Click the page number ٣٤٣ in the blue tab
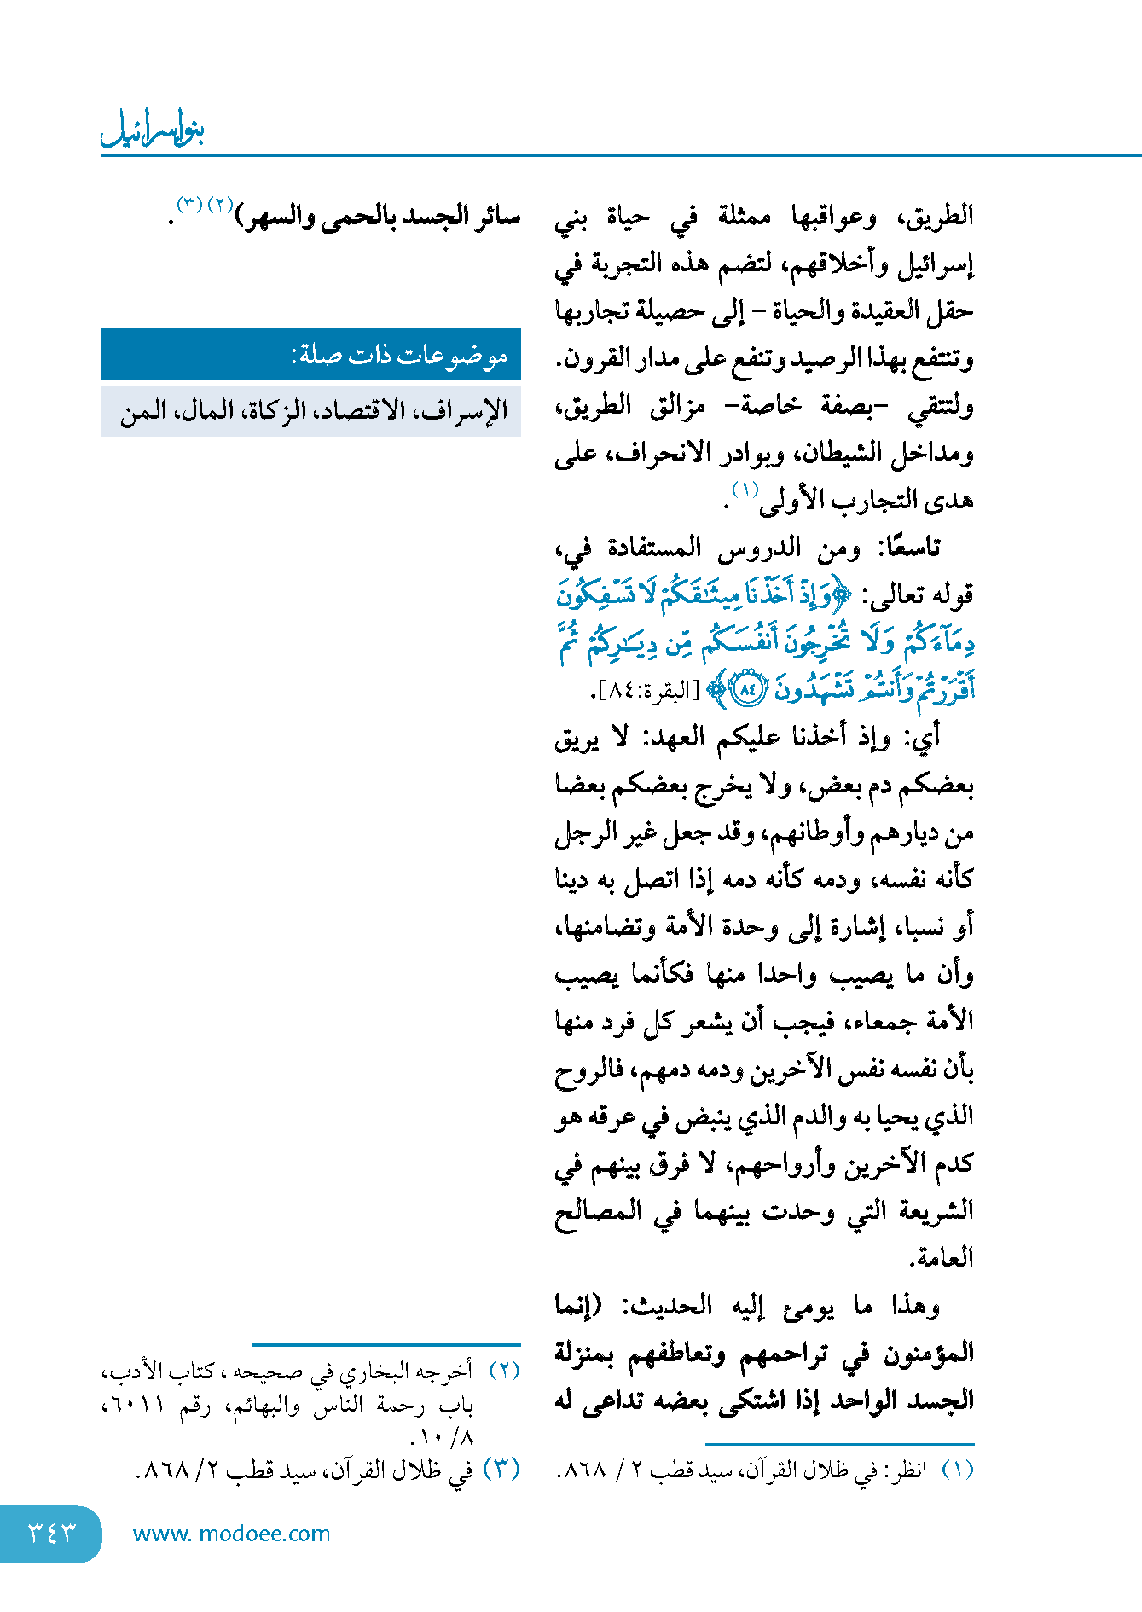52,1533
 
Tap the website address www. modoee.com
231,1534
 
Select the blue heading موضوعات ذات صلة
400,355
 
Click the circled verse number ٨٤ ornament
748,689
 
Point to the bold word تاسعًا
910,548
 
